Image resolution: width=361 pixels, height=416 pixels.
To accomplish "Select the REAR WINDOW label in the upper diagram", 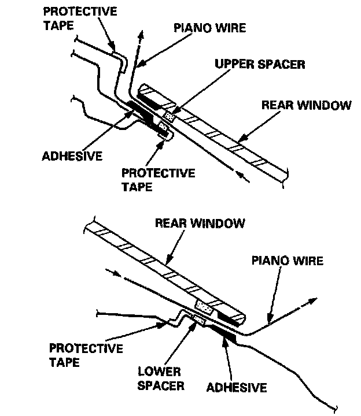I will [306, 105].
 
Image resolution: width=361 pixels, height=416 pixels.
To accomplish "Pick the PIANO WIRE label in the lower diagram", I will [286, 261].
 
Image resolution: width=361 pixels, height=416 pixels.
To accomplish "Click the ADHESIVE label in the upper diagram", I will [72, 155].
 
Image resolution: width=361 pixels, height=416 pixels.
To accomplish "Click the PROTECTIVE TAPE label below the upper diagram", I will [158, 180].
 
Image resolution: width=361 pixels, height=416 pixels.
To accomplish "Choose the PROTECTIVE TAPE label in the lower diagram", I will [86, 355].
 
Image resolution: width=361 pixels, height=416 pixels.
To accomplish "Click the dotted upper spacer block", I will [169, 116].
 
